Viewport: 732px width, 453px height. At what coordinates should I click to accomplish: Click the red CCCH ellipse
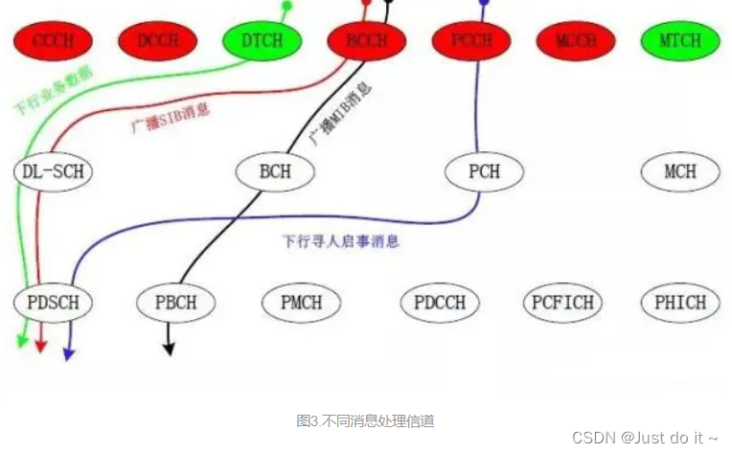click(x=54, y=41)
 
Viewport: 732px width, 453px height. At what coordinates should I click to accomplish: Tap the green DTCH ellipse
click(x=262, y=41)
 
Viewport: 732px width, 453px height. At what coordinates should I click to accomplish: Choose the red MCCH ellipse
click(x=576, y=41)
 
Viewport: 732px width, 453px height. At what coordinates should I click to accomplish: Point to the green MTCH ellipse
click(x=680, y=41)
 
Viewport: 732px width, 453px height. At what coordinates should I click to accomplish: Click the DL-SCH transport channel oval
click(x=53, y=172)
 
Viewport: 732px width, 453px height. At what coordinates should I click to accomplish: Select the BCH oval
click(x=276, y=172)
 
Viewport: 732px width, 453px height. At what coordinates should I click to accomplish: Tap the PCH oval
click(x=485, y=172)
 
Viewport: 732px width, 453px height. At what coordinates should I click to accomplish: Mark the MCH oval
click(x=680, y=172)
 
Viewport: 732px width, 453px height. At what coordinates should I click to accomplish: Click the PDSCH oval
click(x=54, y=303)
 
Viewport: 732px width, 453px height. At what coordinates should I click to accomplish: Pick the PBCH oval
click(x=175, y=303)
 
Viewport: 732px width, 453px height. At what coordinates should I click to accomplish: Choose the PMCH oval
click(x=301, y=303)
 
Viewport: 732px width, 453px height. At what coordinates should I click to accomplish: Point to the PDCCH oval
click(x=440, y=303)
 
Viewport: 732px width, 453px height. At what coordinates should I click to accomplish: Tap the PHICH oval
click(x=681, y=303)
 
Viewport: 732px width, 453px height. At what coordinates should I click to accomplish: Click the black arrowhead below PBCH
click(x=170, y=349)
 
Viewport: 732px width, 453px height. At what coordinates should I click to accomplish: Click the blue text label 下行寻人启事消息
click(x=341, y=240)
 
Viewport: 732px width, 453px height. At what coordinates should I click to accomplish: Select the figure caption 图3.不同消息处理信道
click(x=366, y=420)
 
